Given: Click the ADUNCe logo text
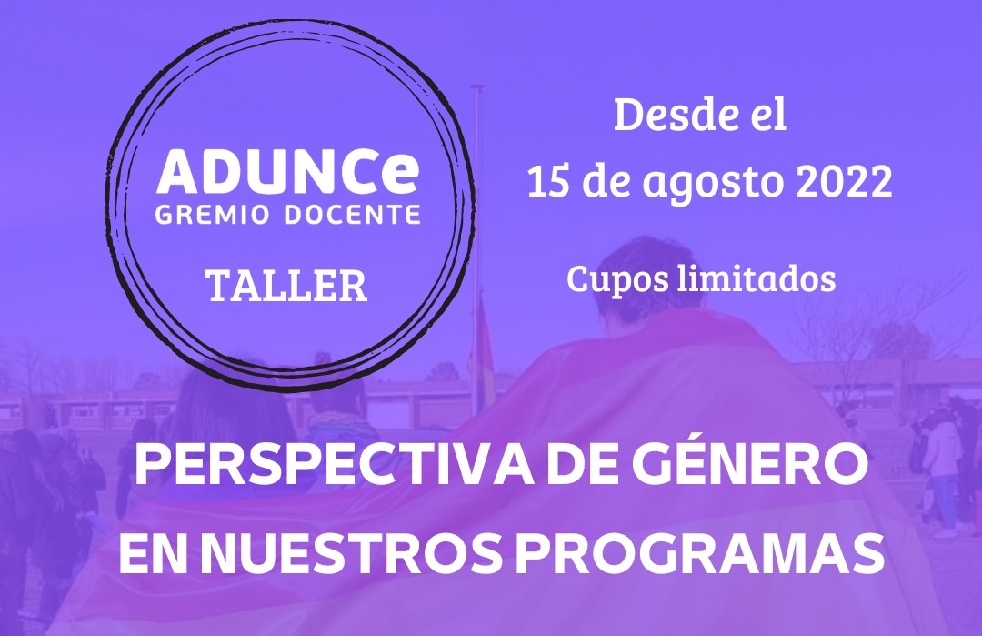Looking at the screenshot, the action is tap(288, 171).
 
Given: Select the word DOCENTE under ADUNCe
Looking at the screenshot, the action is tap(353, 215).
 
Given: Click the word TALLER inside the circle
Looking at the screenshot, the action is tap(286, 286).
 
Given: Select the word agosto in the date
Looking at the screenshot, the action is tap(712, 184).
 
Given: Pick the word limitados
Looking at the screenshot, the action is tap(757, 278).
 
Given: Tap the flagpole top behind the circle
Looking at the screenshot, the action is tap(477, 86).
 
